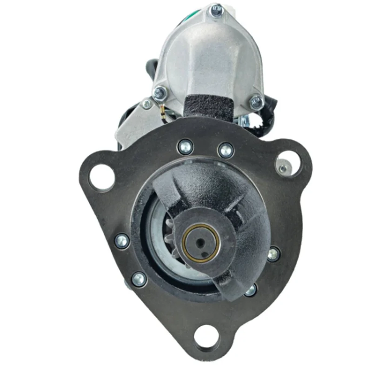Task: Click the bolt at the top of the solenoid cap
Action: point(216,10)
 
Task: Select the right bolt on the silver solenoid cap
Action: point(256,102)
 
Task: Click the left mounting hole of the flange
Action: point(102,177)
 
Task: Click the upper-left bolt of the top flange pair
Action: point(185,148)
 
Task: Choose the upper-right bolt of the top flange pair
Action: point(226,150)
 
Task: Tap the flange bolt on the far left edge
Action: point(122,240)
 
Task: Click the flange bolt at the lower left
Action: point(139,279)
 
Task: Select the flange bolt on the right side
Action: point(273,254)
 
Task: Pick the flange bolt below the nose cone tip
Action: point(250,290)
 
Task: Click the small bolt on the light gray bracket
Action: point(146,104)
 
